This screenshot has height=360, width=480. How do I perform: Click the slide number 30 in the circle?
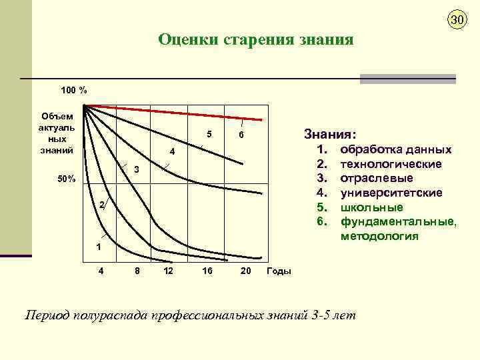(x=456, y=20)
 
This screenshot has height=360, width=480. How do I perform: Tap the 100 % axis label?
(x=73, y=90)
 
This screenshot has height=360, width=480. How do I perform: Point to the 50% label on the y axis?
(x=65, y=179)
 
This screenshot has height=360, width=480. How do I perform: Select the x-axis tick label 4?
(x=101, y=271)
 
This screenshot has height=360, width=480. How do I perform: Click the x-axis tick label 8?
(x=137, y=271)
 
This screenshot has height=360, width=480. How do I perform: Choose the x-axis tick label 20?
(x=245, y=271)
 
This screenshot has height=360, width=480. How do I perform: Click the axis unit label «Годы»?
(x=279, y=271)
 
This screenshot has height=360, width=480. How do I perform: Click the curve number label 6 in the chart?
(x=242, y=135)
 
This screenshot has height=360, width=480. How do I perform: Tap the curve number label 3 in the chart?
(x=135, y=170)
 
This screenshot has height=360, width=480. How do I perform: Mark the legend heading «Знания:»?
(x=330, y=133)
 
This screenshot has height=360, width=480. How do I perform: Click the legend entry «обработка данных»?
(x=395, y=150)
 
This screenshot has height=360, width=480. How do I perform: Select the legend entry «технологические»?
(x=391, y=164)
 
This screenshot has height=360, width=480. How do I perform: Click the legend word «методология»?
(x=379, y=236)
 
